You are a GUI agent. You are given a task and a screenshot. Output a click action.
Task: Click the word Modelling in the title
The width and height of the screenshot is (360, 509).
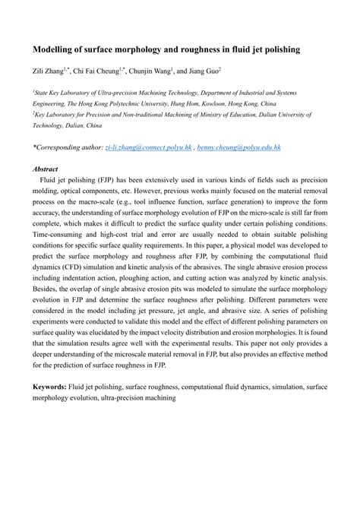54,49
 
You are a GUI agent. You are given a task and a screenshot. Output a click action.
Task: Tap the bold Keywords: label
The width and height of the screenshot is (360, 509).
54,387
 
